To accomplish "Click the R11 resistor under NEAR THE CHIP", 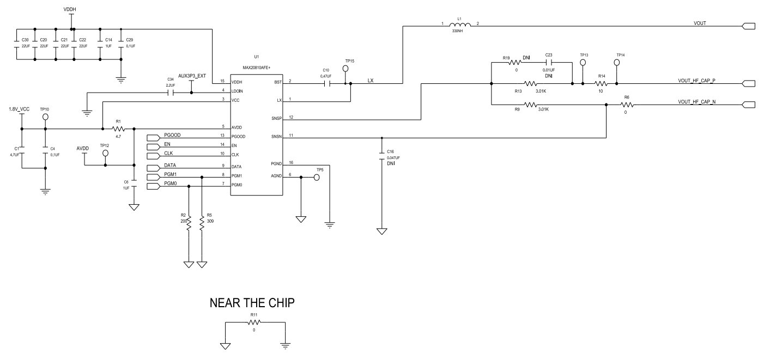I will click(254, 322).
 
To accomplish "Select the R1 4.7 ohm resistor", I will click(119, 129).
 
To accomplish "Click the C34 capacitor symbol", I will click(171, 93).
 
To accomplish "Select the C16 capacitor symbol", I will click(382, 157).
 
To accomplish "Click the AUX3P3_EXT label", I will click(191, 76).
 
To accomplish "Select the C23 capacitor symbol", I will click(549, 63).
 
